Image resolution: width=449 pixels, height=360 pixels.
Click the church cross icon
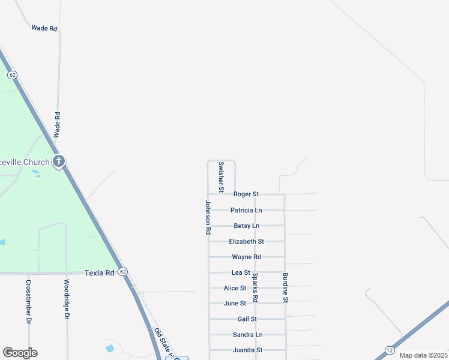click(x=59, y=161)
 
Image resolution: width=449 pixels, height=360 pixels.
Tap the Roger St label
click(x=246, y=194)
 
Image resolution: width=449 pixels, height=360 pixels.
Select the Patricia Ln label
click(x=246, y=211)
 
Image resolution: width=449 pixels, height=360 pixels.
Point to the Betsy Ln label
click(x=247, y=226)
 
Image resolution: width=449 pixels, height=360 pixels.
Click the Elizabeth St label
click(x=247, y=242)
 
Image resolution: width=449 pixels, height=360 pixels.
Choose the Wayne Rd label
click(x=247, y=257)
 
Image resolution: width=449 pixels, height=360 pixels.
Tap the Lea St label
click(x=241, y=273)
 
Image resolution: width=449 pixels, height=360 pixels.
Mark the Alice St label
click(x=235, y=289)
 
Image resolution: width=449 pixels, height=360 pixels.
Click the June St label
click(x=235, y=304)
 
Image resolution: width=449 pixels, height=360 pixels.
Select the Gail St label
click(x=247, y=319)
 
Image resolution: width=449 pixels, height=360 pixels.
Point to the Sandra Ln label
click(x=248, y=335)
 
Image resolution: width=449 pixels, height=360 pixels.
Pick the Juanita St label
click(x=248, y=350)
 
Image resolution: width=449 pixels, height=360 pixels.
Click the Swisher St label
click(x=221, y=176)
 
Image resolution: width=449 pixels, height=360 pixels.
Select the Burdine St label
click(x=286, y=287)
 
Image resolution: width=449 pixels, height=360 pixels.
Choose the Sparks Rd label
click(x=255, y=287)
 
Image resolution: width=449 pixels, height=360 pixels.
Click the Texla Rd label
click(x=99, y=273)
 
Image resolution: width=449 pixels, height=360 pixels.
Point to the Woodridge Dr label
click(x=67, y=301)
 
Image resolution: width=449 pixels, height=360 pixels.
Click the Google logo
click(x=20, y=353)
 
